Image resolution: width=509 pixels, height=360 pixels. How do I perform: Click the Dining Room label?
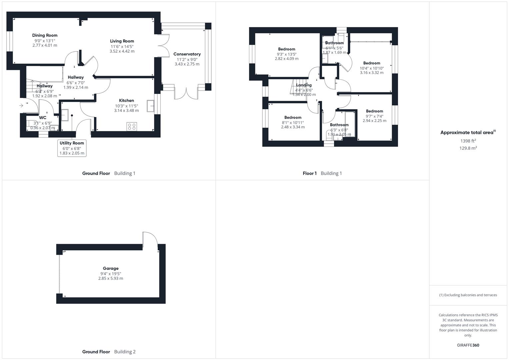click(45, 35)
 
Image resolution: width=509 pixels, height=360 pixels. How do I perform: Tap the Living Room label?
click(122, 41)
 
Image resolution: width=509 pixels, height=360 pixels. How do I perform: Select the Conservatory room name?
click(187, 54)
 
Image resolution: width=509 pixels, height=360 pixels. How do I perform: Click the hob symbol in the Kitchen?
click(132, 127)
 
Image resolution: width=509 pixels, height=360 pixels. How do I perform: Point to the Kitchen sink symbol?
click(150, 106)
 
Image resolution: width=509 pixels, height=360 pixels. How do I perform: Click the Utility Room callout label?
click(72, 143)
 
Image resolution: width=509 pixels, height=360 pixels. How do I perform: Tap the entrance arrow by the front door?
click(21, 106)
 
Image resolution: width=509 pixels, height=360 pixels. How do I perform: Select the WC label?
click(43, 118)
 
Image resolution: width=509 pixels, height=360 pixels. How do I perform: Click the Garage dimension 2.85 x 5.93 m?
click(111, 278)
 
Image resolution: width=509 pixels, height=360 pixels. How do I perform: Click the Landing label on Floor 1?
click(304, 85)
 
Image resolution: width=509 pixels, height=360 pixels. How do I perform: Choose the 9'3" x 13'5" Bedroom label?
click(287, 49)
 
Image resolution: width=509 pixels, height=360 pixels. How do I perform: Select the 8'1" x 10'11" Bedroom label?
click(293, 118)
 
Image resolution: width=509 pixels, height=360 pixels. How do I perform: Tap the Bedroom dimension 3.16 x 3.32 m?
click(372, 73)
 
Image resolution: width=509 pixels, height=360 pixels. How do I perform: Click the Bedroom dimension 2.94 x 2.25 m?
click(374, 121)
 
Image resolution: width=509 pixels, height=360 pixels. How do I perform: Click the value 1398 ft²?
click(468, 141)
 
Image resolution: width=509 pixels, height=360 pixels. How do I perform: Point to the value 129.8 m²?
click(468, 148)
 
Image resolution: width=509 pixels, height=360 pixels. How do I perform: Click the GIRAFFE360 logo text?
click(468, 345)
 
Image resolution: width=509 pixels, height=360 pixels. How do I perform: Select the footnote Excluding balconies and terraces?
click(468, 295)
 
